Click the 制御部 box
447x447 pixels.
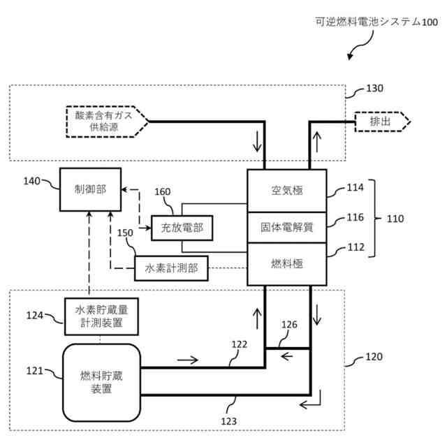90,189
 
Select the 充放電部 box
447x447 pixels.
182,228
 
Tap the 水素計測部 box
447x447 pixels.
171,268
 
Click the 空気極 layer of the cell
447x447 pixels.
287,191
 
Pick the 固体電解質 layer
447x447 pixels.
287,228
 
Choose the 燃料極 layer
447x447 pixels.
287,264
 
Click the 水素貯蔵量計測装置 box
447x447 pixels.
101,316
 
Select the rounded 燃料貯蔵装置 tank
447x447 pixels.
101,383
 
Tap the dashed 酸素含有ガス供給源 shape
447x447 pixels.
107,122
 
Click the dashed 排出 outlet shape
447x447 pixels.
382,122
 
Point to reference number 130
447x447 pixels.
374,89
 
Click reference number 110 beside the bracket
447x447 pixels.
395,219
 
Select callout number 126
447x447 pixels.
289,324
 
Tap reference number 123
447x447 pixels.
228,421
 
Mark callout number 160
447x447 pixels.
163,191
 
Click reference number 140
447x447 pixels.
31,181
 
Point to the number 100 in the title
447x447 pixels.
430,22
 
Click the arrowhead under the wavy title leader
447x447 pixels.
350,57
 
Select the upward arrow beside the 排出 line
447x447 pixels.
316,141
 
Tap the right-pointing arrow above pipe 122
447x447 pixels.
187,360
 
